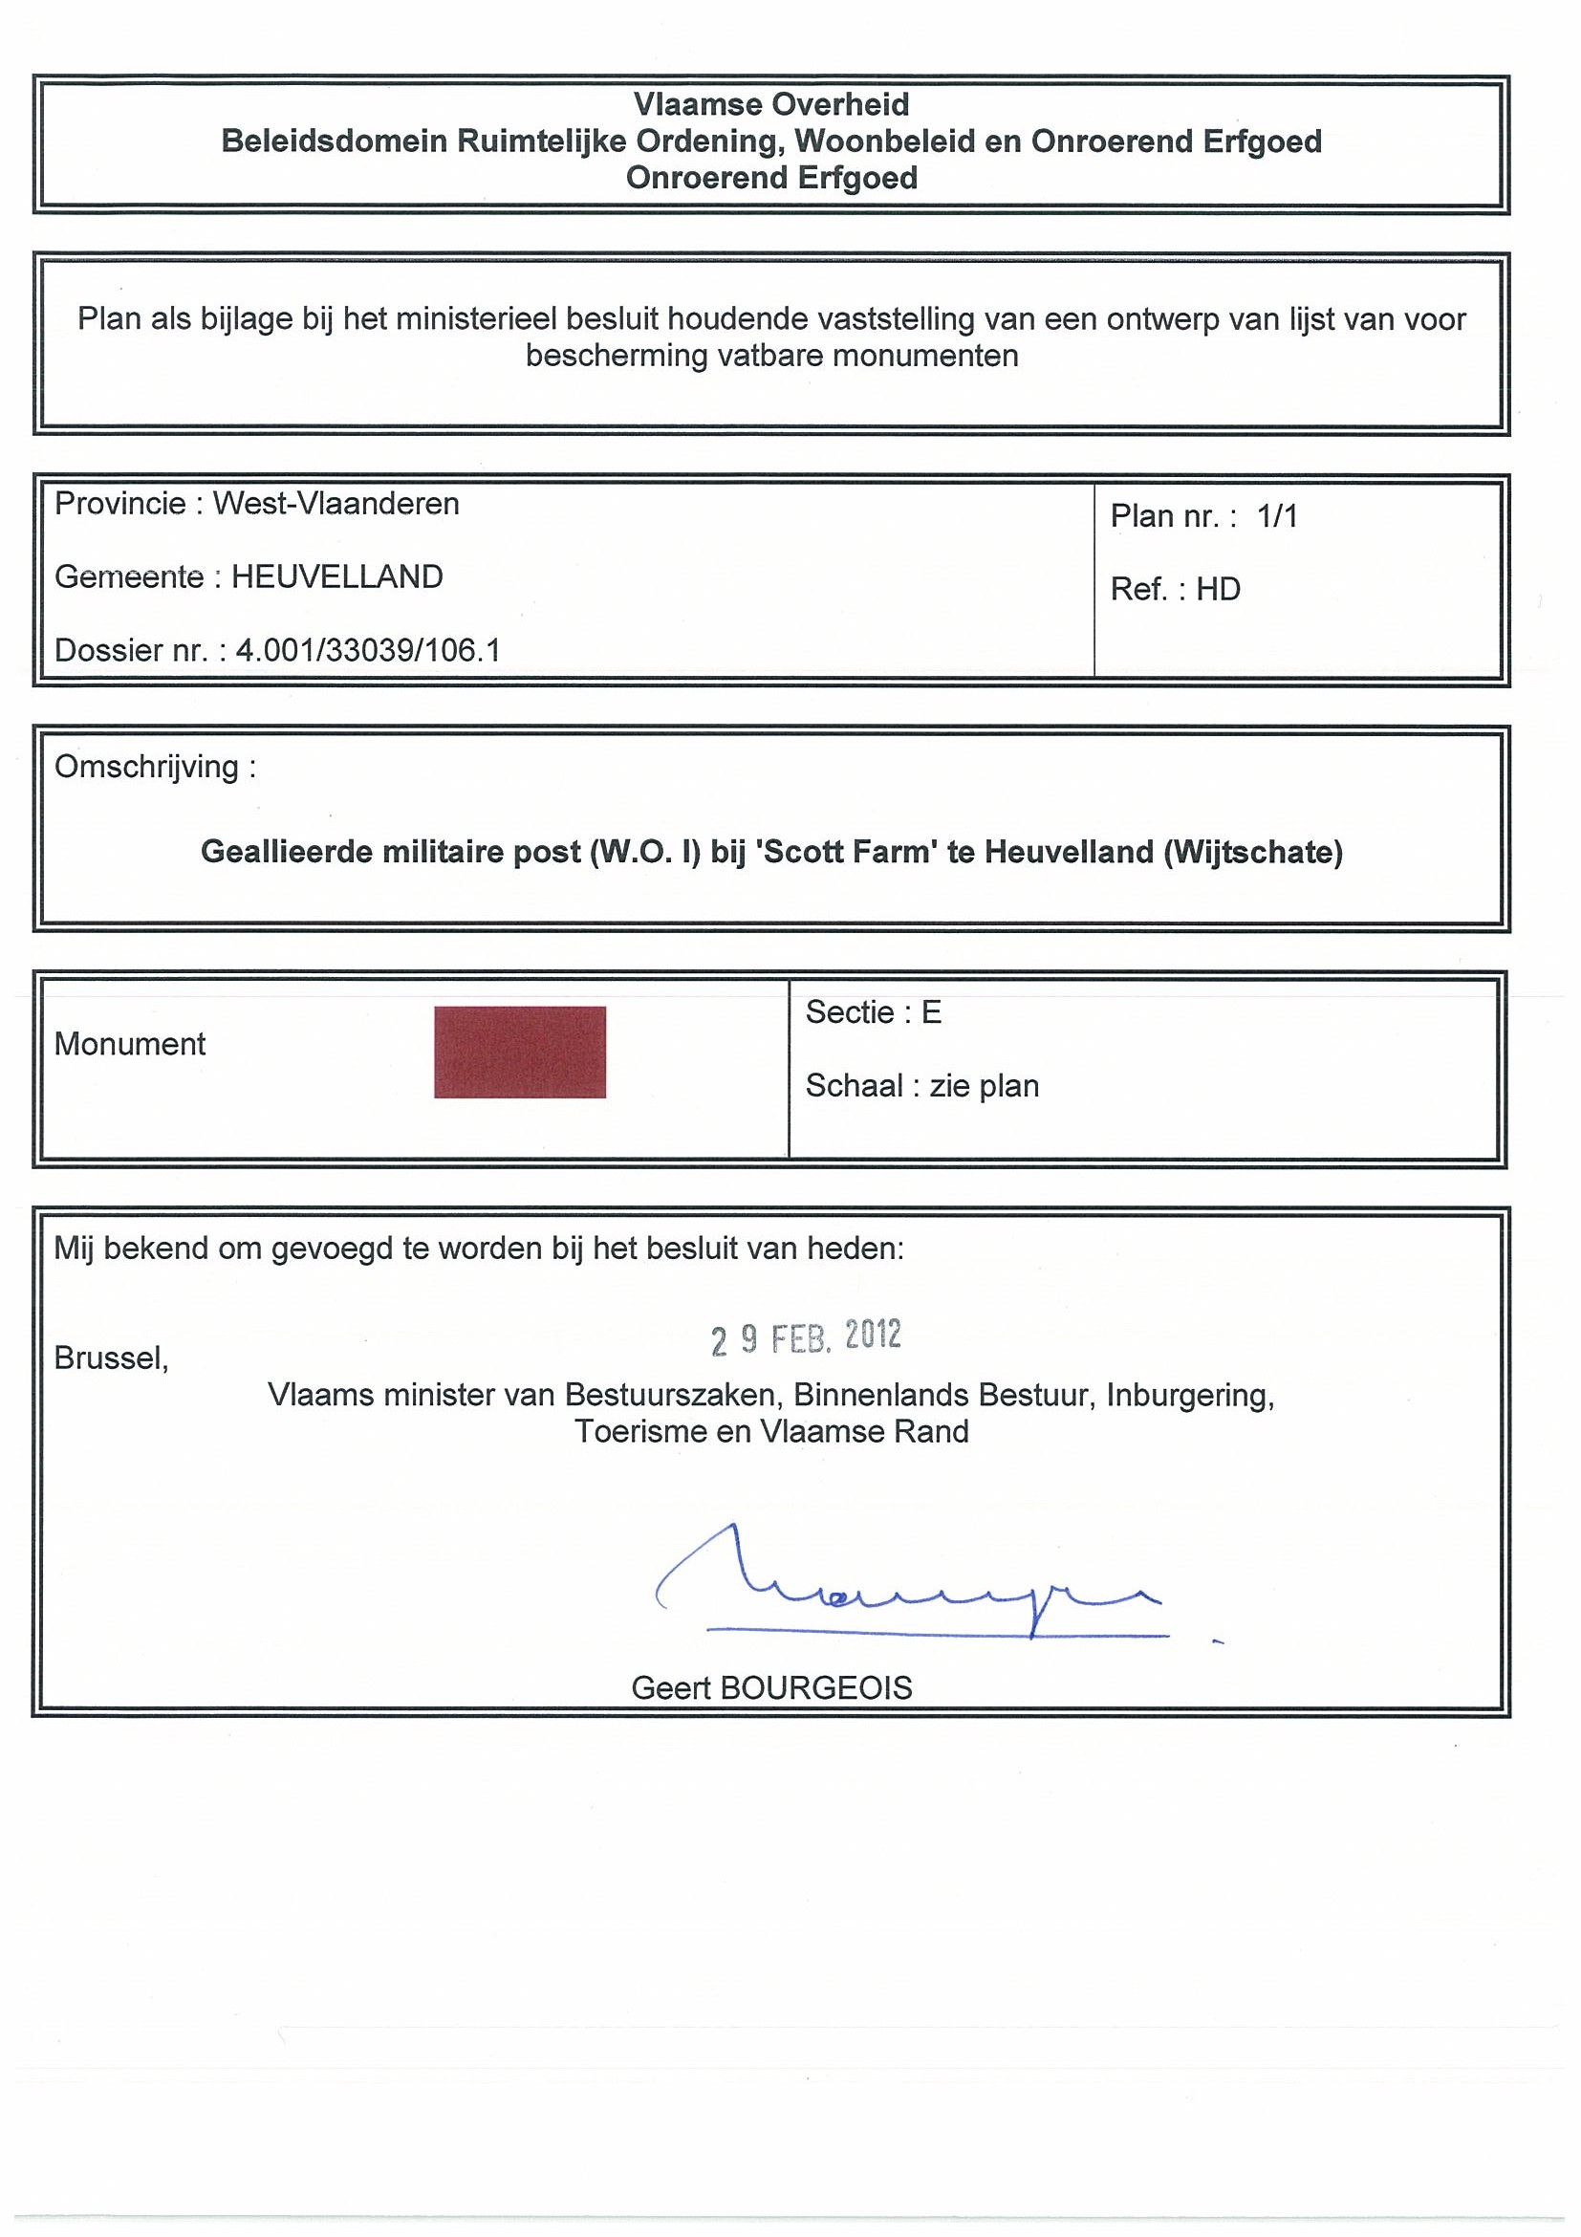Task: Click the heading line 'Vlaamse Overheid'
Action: coord(770,104)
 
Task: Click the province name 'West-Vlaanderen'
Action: coord(336,504)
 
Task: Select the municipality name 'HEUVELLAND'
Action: coord(337,576)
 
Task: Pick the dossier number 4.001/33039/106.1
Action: coord(368,650)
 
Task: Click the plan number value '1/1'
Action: coord(1277,516)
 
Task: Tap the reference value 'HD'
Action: coord(1218,590)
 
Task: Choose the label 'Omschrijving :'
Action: coord(155,767)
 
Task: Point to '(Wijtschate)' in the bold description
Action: coord(1253,853)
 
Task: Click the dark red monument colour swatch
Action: coord(519,1053)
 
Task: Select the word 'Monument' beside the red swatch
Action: coord(130,1045)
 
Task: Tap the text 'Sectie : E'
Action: coord(873,1013)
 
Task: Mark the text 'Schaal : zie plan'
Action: coord(921,1085)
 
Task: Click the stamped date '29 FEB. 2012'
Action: coord(806,1336)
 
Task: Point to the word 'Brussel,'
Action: coord(111,1357)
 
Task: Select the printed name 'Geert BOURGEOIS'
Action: coord(770,1687)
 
